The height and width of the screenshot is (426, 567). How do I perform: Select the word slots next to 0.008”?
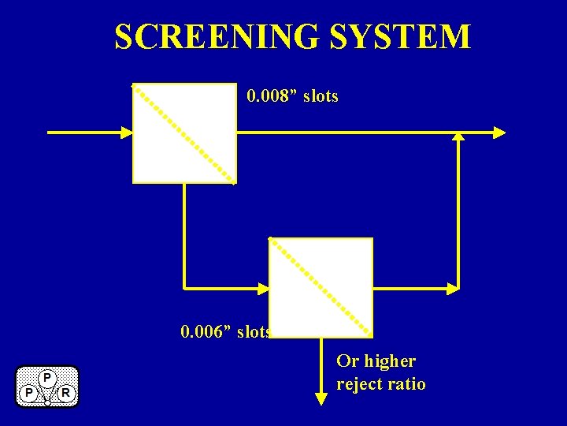pos(321,96)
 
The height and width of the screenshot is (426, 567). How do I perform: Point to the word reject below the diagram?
pos(360,384)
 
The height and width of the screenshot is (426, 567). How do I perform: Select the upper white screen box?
pos(184,133)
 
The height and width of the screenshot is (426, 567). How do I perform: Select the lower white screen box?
pos(321,287)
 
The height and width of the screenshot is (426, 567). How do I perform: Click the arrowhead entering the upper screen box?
pos(126,133)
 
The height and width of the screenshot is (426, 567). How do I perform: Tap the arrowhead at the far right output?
pos(499,133)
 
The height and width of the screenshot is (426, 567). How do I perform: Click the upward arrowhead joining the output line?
pos(458,136)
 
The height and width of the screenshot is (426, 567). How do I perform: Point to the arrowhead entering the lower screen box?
pos(264,288)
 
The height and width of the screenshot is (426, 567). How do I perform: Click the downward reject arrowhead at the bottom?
pos(321,398)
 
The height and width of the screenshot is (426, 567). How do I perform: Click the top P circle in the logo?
pos(47,378)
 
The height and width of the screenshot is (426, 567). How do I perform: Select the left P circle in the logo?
pos(28,392)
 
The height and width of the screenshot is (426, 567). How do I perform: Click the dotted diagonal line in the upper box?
pos(184,133)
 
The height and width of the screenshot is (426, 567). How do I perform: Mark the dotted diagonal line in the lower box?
pos(321,287)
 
